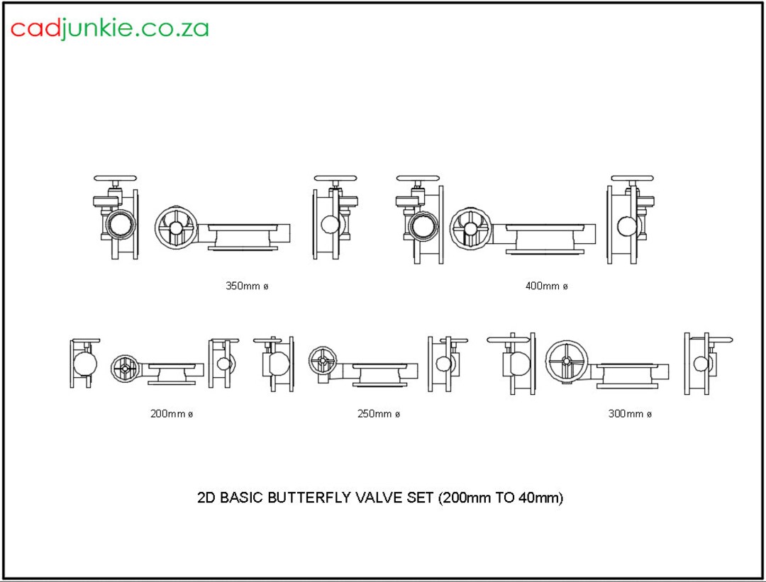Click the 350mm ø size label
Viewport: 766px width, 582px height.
pos(247,286)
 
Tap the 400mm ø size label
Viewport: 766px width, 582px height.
pos(546,286)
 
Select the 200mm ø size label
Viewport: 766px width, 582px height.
pos(171,414)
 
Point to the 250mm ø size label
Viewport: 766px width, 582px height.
pos(378,414)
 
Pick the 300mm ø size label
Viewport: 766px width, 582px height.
pos(629,414)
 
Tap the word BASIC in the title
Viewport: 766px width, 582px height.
pos(242,498)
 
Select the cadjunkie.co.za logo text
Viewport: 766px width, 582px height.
pos(109,28)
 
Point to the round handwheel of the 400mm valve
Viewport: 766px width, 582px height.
pos(472,228)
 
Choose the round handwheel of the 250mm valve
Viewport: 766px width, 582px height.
pos(323,361)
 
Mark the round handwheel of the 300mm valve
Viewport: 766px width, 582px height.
pos(567,360)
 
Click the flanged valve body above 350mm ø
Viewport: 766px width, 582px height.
pos(243,236)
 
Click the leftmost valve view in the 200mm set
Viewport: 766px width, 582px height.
pos(84,363)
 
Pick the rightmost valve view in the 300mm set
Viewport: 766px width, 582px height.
pos(706,362)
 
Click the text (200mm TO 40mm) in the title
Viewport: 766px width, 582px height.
pos(501,498)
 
